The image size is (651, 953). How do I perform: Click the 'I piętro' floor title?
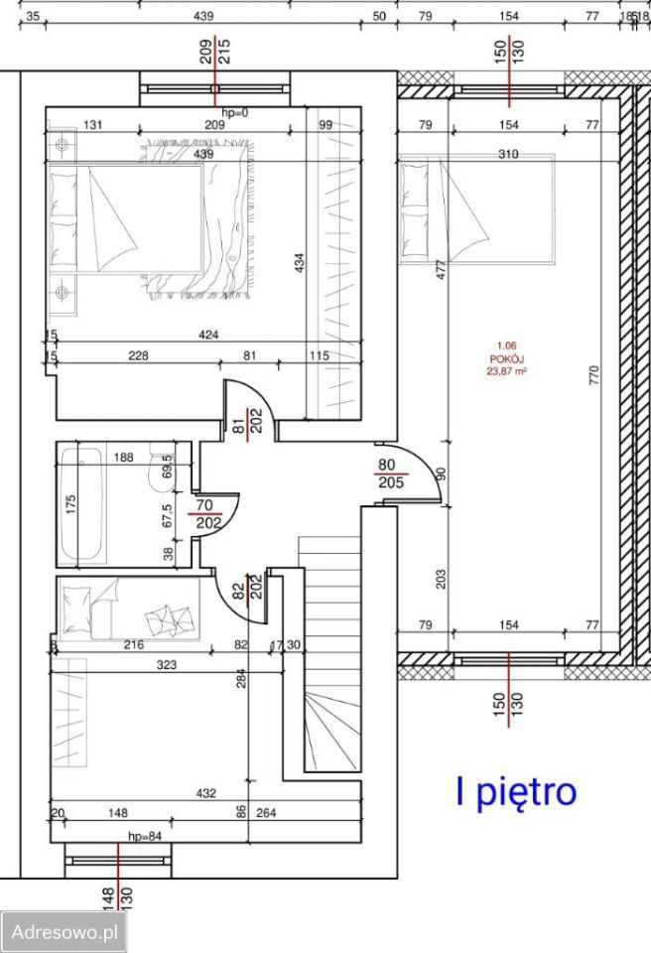515,792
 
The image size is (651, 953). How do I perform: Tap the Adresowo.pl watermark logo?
65,932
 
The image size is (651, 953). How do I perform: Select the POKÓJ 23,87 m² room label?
506,362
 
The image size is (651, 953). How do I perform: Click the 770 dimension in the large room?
593,374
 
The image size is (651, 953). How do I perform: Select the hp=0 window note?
235,112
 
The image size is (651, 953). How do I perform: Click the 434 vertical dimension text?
300,263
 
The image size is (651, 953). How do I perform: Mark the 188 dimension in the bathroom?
123,458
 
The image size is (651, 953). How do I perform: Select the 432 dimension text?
206,793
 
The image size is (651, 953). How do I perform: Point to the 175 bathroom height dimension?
70,503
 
